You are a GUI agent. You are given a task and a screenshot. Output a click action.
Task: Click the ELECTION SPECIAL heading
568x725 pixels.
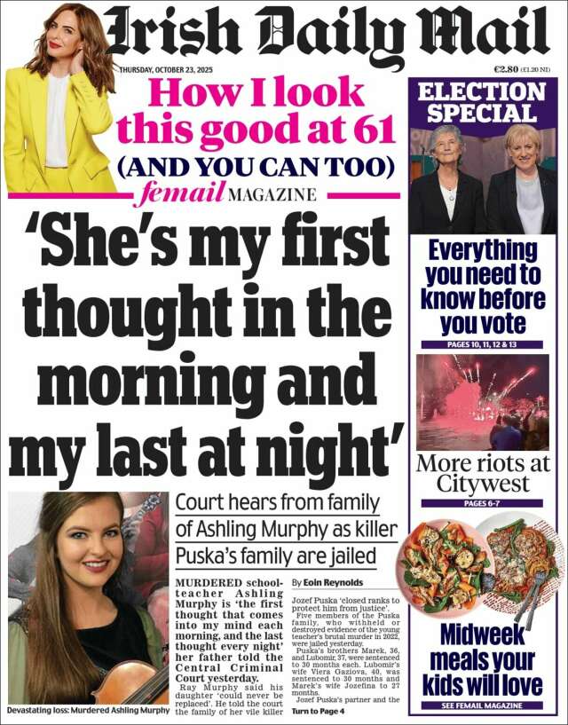(483, 102)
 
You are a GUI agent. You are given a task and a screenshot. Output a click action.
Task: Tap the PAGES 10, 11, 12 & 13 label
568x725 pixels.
(482, 343)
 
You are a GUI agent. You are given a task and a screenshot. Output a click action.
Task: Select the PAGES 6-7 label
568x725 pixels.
(482, 503)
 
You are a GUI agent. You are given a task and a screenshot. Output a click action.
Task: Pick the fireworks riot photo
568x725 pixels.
(482, 402)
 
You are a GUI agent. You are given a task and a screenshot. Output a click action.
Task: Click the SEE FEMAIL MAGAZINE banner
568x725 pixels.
(482, 705)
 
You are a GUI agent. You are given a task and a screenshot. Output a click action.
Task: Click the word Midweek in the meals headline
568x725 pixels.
(482, 635)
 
